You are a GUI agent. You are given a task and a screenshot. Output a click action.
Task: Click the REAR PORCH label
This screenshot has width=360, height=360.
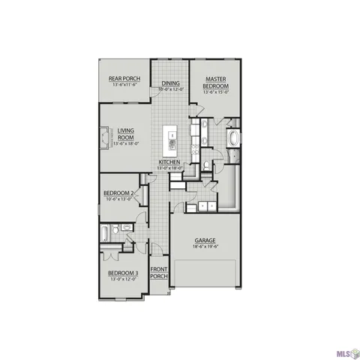point(124,78)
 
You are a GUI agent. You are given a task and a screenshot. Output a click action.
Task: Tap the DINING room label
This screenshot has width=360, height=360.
point(169,83)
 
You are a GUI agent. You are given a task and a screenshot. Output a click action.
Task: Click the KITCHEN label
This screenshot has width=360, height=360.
point(169,162)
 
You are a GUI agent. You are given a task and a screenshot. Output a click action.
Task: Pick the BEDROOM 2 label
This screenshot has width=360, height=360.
point(119,193)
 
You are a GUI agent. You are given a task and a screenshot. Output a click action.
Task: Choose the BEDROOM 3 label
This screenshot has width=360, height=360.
point(122,272)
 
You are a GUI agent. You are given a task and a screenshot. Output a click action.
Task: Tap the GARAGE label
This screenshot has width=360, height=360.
point(205,240)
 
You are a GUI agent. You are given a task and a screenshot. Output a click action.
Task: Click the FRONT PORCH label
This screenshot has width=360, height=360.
point(159,272)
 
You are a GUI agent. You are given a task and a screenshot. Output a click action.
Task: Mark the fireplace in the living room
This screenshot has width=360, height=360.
point(103,138)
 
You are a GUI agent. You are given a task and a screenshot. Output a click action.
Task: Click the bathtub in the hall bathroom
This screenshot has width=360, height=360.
point(104,234)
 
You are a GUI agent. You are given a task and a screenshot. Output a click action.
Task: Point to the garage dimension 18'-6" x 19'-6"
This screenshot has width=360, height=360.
point(205,247)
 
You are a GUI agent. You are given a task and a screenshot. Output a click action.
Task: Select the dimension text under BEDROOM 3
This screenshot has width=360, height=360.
point(122,279)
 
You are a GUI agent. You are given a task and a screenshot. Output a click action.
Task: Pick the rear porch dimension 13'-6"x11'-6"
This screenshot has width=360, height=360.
point(124,85)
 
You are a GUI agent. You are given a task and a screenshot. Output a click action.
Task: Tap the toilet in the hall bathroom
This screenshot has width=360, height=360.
point(127,227)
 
